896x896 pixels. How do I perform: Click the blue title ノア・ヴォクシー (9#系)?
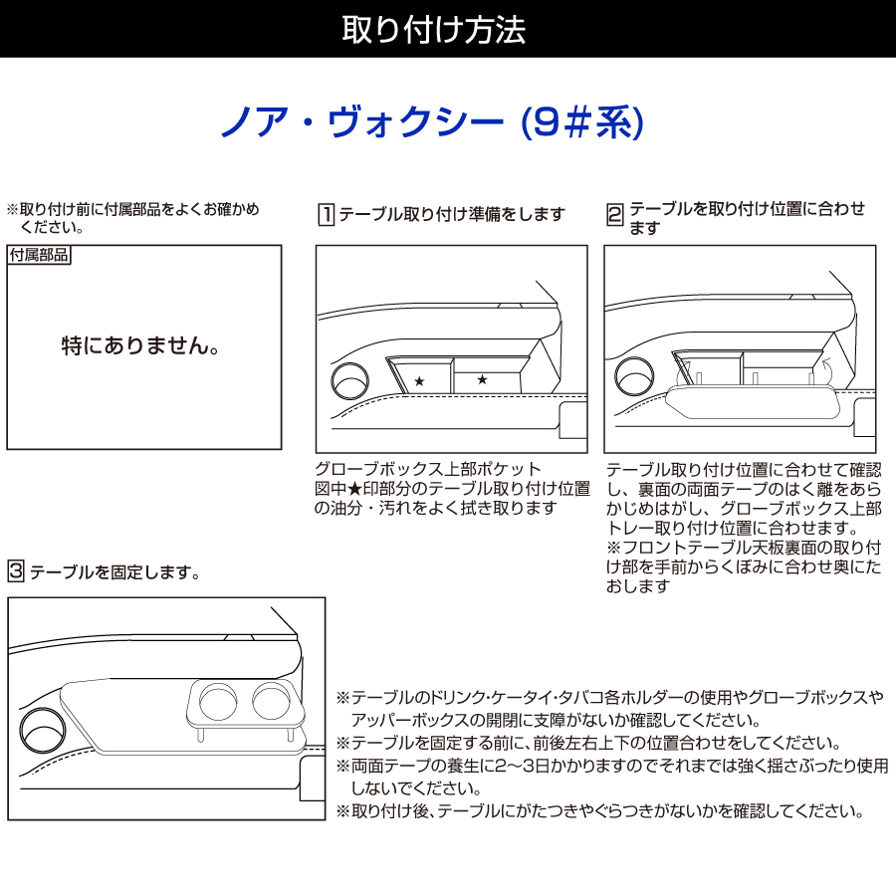tap(433, 122)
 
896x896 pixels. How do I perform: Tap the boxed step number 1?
tap(325, 214)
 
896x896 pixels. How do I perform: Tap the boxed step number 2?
tap(614, 214)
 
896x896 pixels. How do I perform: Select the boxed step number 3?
tap(15, 571)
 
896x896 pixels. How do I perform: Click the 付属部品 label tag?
tap(39, 255)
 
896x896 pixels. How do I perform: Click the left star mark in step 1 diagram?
tap(419, 381)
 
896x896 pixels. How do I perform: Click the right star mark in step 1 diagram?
tap(482, 379)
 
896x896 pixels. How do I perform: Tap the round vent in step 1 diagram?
tap(348, 382)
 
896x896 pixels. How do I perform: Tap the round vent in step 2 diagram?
tap(634, 379)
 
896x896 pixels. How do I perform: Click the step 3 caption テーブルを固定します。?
tap(115, 572)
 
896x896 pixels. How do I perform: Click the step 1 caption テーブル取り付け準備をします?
tap(452, 214)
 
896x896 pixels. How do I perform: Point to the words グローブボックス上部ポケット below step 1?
tap(428, 469)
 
